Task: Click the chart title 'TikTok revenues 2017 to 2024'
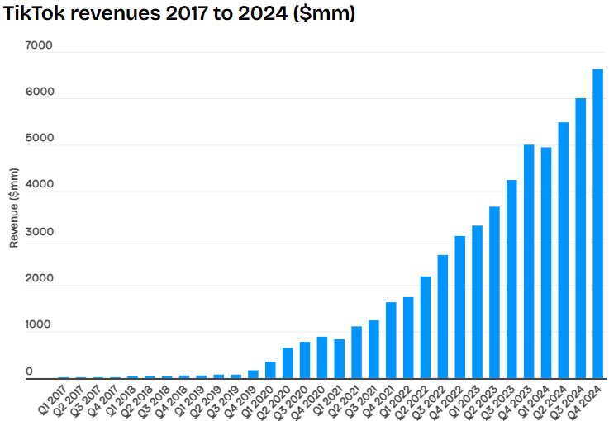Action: point(178,14)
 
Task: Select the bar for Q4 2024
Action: point(597,224)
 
